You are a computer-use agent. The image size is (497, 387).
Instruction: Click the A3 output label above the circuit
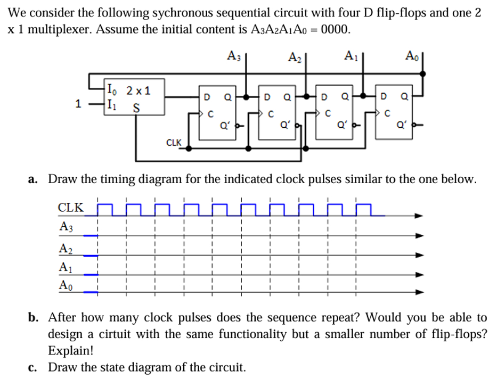[233, 55]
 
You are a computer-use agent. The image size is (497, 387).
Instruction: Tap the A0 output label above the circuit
[411, 55]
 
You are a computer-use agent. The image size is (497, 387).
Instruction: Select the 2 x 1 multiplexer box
[133, 97]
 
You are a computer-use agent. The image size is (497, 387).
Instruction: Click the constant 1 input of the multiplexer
[78, 104]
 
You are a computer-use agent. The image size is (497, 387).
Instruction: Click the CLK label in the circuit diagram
[174, 143]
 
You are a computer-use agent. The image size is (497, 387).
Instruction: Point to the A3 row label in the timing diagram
[66, 227]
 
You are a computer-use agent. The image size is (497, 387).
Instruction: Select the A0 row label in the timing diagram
[66, 285]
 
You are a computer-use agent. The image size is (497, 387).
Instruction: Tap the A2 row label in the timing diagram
[66, 248]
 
